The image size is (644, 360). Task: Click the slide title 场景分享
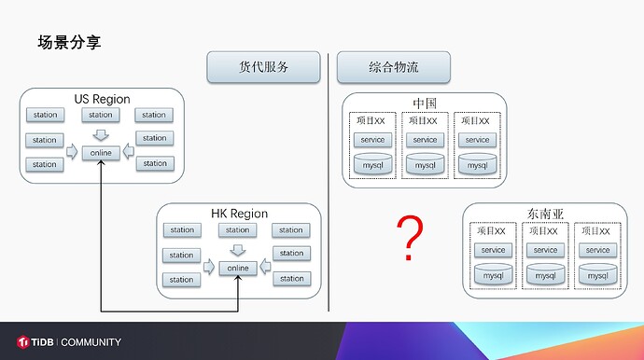point(70,42)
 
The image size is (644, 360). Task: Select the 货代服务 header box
point(264,67)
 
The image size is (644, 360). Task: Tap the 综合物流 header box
point(394,67)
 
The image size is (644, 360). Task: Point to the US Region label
point(103,99)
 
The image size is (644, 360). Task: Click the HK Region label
point(239,214)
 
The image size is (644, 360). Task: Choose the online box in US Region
point(101,153)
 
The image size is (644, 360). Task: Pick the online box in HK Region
point(238,269)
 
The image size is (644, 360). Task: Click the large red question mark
point(409,238)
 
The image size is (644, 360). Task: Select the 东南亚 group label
point(545,214)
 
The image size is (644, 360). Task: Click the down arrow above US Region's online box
point(101,134)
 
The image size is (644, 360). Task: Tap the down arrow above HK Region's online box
point(238,250)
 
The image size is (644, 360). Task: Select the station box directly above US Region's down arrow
point(101,116)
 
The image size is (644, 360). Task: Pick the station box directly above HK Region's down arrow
point(238,230)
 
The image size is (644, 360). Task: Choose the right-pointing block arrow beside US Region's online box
point(73,152)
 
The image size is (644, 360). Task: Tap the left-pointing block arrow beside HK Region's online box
point(266,268)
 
